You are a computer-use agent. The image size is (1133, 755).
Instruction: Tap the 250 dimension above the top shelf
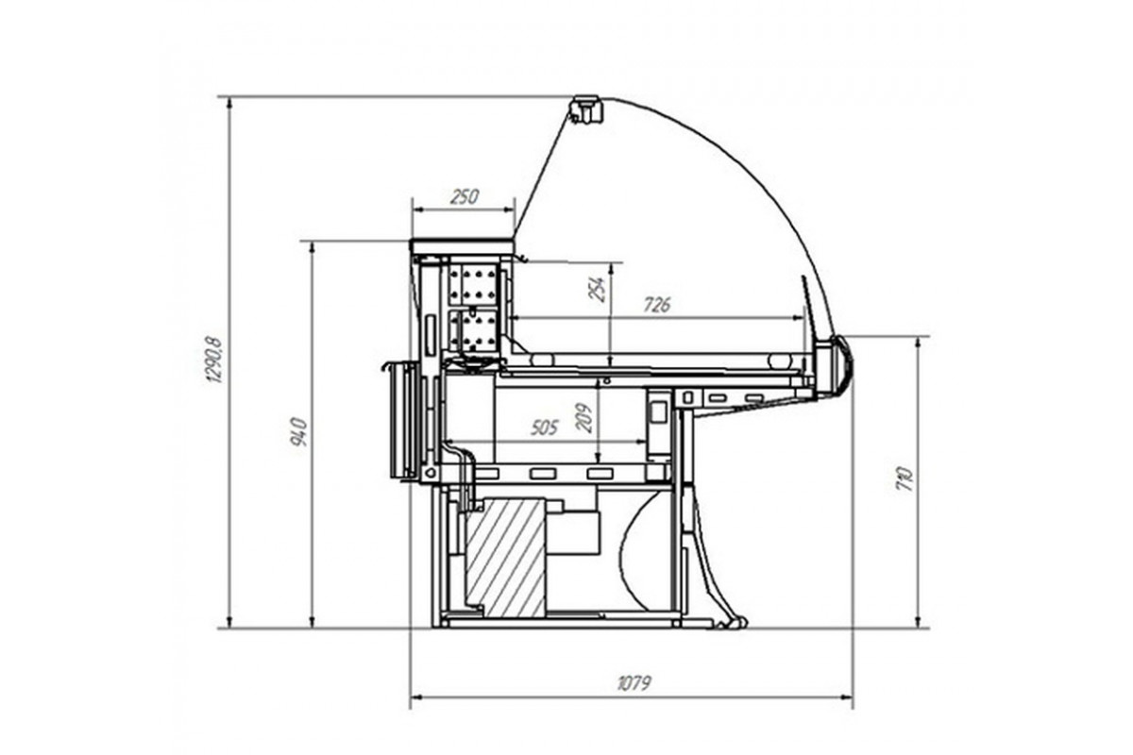coord(465,196)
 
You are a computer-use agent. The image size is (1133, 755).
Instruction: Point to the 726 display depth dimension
coord(657,305)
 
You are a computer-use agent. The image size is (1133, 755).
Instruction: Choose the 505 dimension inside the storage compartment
coord(544,428)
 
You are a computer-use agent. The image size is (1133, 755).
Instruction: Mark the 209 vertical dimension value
coord(584,418)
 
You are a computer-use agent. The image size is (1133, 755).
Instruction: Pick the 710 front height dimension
coord(905,479)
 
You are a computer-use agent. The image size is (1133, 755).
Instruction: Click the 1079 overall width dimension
coord(634,683)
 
